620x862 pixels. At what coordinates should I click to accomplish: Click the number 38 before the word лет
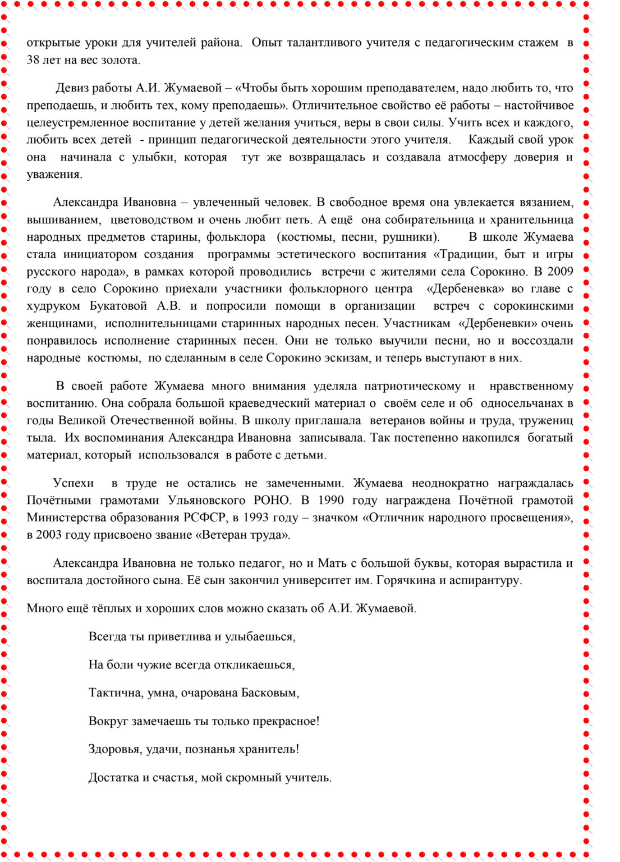[33, 60]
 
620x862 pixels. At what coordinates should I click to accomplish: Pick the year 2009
[559, 272]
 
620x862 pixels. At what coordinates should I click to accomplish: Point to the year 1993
[256, 517]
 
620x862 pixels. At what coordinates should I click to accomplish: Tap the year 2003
[49, 535]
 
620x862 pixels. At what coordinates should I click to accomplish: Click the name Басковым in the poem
[270, 693]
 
